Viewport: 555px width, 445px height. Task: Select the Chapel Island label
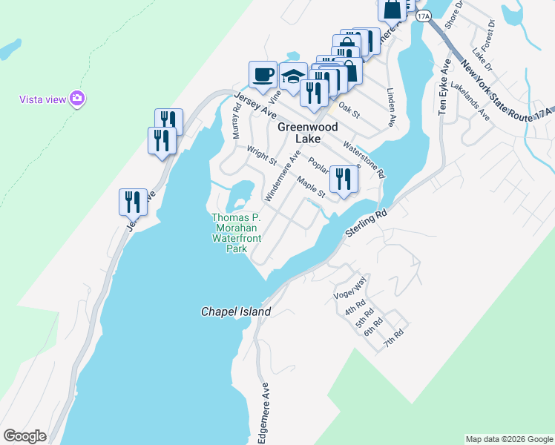236,311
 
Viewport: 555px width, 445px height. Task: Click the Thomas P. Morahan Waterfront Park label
235,234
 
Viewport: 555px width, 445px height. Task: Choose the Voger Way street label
351,286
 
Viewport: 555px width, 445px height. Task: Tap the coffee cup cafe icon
263,74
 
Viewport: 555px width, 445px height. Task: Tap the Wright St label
262,155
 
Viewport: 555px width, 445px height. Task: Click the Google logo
24,436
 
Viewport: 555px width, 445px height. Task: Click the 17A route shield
423,15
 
